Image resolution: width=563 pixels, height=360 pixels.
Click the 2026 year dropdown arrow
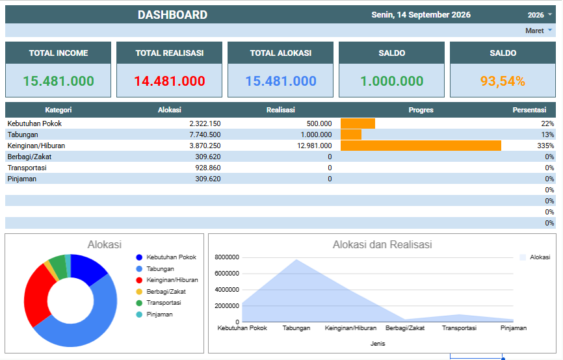[x=550, y=15]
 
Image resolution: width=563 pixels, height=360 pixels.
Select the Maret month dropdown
[x=538, y=31]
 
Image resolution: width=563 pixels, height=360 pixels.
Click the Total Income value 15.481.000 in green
[x=59, y=81]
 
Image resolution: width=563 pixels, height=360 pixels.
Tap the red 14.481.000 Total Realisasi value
[x=170, y=81]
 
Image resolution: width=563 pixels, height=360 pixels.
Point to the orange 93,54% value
[x=503, y=81]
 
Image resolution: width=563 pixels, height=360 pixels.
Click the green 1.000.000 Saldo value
[x=392, y=81]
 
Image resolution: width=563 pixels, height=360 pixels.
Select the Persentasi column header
[x=529, y=110]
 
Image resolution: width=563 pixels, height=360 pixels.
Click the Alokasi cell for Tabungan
[x=205, y=135]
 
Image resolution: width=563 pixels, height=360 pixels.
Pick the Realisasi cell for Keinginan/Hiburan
[x=314, y=146]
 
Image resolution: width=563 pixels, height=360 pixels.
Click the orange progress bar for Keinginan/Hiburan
[x=421, y=146]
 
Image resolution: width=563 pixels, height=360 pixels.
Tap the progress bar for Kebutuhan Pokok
[x=358, y=123]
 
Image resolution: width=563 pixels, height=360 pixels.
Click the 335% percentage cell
[x=545, y=146]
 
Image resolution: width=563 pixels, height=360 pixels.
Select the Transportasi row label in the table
[x=27, y=168]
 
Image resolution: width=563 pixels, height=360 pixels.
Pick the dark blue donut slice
[x=88, y=268]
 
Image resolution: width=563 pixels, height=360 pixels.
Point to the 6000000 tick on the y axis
[x=226, y=274]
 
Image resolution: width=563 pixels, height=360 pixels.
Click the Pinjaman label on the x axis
[x=514, y=328]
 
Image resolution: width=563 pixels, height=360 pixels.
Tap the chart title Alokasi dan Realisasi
[x=382, y=245]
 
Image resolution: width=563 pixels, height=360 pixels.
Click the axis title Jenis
[x=378, y=344]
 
